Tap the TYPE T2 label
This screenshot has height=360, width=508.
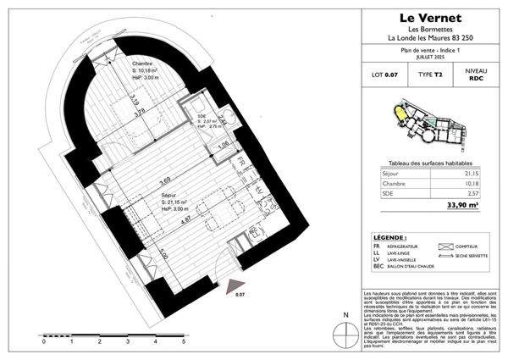pos(433,75)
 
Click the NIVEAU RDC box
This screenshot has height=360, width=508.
pos(478,75)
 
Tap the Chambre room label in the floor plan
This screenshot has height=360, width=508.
pos(143,64)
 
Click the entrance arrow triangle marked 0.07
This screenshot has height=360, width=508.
pos(240,284)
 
